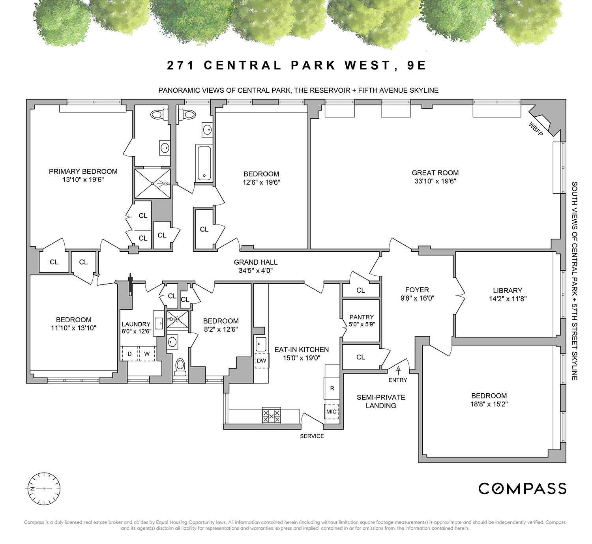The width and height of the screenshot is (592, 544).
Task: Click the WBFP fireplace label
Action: (x=536, y=129)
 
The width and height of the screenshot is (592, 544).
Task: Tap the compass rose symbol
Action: (x=44, y=489)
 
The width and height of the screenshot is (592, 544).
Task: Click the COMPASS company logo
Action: (x=522, y=489)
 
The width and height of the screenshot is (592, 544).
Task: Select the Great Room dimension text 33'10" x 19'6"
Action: (x=435, y=181)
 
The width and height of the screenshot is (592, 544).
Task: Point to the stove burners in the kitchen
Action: (x=272, y=415)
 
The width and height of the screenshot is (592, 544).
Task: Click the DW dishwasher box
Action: (x=262, y=361)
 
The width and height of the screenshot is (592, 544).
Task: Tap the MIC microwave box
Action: (x=332, y=411)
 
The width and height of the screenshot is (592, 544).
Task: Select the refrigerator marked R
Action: (x=332, y=388)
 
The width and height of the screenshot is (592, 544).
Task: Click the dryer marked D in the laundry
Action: (x=129, y=354)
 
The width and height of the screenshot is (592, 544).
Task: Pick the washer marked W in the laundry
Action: (x=147, y=354)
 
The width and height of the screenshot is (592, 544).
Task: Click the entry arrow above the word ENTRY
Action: (x=398, y=370)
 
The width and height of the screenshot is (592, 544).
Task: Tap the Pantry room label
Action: (x=362, y=317)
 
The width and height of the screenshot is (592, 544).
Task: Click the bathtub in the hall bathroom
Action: (x=204, y=163)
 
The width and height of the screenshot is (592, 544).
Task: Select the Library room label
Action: (x=508, y=290)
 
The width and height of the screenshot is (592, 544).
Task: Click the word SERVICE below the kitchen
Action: (x=312, y=436)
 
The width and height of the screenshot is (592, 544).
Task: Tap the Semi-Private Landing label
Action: (x=381, y=401)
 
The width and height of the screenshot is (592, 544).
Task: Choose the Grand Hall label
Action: (x=256, y=262)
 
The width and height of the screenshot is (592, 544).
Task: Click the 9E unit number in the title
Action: (x=416, y=65)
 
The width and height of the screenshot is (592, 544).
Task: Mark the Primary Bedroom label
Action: (x=83, y=172)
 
